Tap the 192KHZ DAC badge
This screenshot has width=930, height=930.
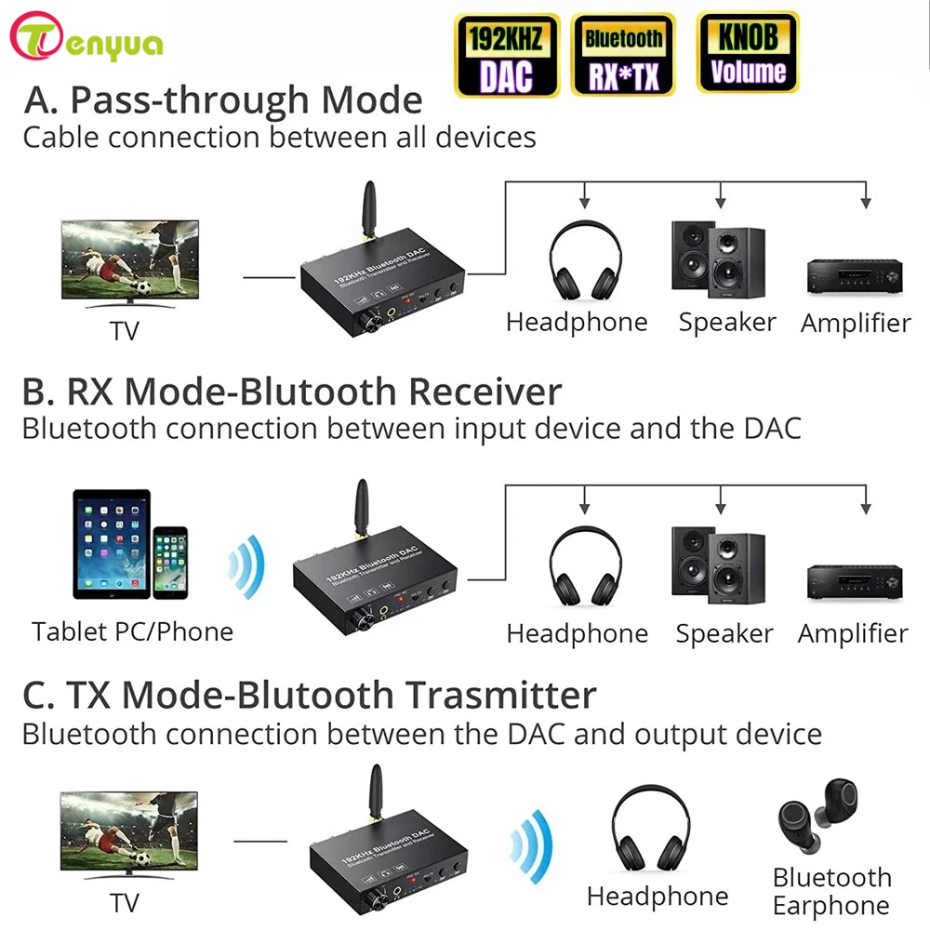point(507,55)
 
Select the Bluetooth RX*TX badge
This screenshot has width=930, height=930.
point(623,55)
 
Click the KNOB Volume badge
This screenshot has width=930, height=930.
point(747,55)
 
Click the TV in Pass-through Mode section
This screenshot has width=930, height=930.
point(129,264)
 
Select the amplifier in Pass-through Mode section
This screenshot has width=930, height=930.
point(854,274)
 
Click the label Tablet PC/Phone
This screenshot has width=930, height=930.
point(132,631)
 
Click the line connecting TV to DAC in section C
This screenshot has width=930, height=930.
point(260,841)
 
